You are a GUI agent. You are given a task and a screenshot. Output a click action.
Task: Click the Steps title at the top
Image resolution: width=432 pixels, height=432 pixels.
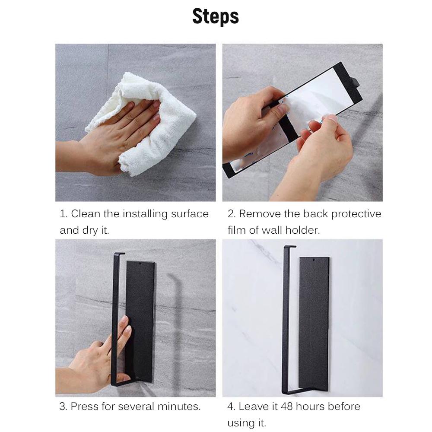coord(216,16)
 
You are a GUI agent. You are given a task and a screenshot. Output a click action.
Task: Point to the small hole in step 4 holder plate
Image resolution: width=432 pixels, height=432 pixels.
coord(313,260)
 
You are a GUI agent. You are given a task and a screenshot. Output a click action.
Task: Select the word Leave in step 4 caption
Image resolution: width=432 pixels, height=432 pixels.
coord(252,407)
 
